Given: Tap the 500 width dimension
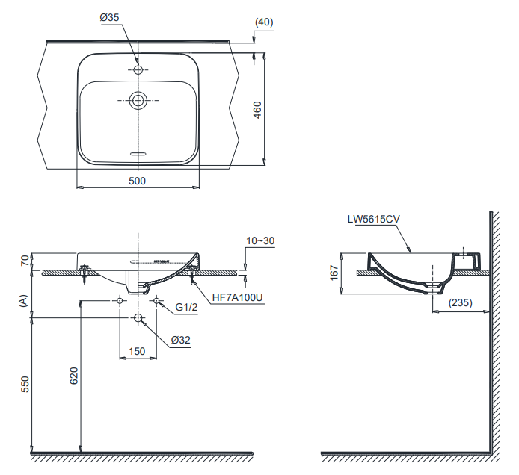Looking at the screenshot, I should tap(137, 180).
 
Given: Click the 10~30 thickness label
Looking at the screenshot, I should tap(260, 241).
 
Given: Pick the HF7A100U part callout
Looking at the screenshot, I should tap(239, 297).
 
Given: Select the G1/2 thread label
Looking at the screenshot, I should tap(187, 307).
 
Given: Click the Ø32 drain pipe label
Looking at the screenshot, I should tap(181, 340).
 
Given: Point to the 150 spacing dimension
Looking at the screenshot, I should tap(137, 352).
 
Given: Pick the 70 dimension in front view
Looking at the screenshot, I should tap(24, 261).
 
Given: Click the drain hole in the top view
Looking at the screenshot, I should tap(138, 99).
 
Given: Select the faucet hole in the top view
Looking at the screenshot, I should tap(138, 69).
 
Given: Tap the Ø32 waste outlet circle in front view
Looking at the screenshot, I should tap(138, 318).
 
